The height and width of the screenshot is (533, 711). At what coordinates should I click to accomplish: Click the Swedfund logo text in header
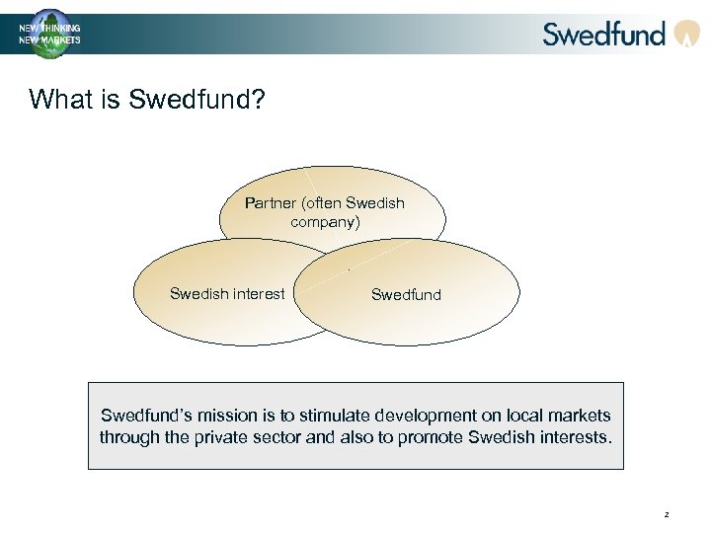pos(604,34)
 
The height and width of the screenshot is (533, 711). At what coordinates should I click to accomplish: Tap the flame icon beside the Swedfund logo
pos(686,35)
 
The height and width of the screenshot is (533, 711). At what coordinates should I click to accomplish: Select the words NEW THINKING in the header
pos(50,29)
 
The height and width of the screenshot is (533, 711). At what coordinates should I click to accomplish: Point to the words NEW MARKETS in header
pos(50,40)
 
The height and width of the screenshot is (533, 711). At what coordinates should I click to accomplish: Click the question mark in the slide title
pos(259,100)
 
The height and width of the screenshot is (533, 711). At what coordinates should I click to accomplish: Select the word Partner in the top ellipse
pos(271,203)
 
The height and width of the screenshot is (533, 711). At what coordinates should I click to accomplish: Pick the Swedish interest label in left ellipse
pos(227,293)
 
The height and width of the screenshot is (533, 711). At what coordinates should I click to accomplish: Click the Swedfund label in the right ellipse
pos(406,294)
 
